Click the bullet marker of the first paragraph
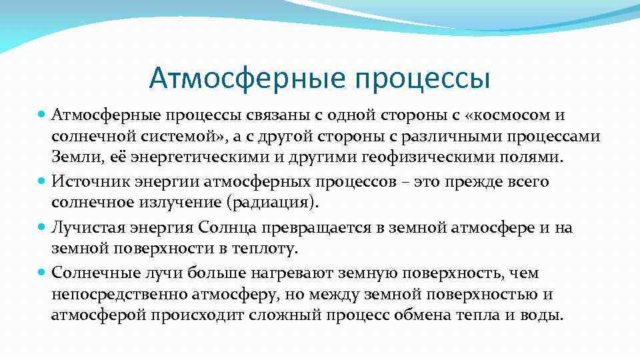coord(42,115)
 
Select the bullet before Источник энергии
coord(42,182)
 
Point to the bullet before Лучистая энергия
coord(42,228)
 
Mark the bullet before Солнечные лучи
coord(42,273)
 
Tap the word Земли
coord(72,158)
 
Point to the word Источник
coord(84,181)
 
